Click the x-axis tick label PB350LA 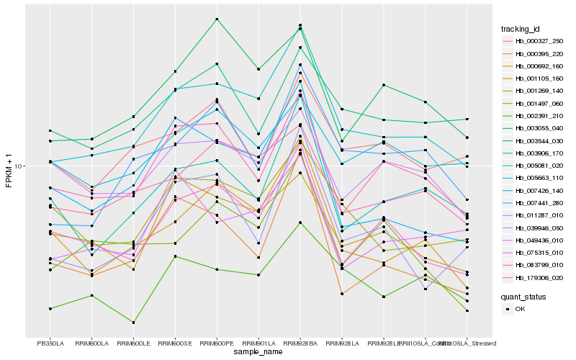(50, 343)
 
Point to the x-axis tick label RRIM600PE (217, 343)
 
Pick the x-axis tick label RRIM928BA (300, 343)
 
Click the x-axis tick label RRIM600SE (175, 343)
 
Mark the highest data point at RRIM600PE (217, 19)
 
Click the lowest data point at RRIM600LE (133, 323)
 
